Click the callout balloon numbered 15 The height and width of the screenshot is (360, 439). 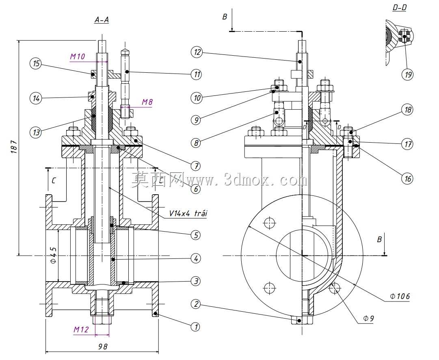[36, 64]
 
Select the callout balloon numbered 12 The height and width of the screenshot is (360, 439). [197, 52]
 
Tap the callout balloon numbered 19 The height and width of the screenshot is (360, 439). [407, 74]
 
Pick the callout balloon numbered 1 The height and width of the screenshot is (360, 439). [196, 327]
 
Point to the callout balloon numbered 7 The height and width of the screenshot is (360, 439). [196, 166]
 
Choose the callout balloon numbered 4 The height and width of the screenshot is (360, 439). [196, 258]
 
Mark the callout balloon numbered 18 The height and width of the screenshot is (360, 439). [407, 110]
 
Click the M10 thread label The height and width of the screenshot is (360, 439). [78, 56]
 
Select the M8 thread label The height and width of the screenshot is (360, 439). [147, 102]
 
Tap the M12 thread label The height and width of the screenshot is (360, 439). [81, 330]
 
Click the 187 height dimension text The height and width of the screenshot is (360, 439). [14, 146]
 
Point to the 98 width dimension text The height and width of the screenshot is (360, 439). [103, 347]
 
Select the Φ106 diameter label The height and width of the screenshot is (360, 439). [400, 296]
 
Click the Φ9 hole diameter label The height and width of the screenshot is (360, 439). [368, 318]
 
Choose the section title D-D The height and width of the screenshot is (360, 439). [399, 8]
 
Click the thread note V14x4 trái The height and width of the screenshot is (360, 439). [188, 213]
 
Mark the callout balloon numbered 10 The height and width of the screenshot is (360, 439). [197, 98]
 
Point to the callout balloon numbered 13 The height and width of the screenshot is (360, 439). [36, 132]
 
